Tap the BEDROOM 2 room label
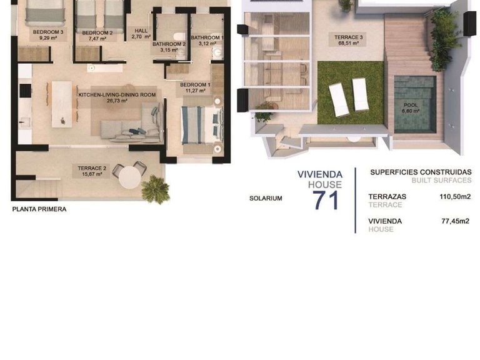click(97, 32)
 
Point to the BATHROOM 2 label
click(169, 44)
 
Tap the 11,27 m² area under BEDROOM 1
click(195, 91)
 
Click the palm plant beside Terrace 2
click(155, 189)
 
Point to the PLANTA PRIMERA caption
click(39, 209)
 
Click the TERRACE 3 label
click(349, 37)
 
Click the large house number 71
click(326, 201)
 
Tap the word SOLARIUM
click(266, 198)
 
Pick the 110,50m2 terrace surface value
click(454, 196)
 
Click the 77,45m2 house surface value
click(455, 221)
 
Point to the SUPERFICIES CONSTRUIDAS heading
click(420, 171)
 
